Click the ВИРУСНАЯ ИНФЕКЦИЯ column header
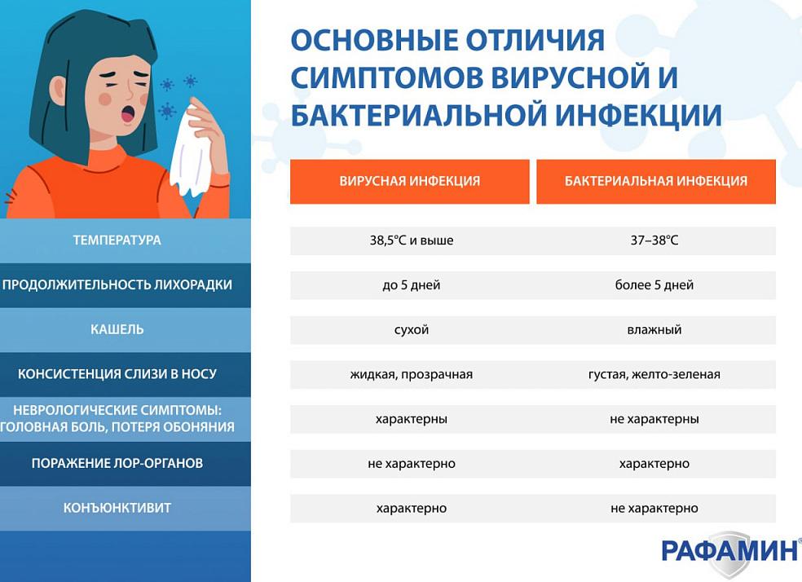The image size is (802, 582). point(409,181)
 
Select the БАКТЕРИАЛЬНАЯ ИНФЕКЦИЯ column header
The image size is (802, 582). point(655,181)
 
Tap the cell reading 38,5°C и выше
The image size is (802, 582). point(411,240)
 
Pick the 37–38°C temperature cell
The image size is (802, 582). point(654,240)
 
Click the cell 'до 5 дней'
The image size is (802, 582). point(411,285)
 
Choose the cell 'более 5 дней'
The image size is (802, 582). point(654,285)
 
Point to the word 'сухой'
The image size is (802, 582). point(411,330)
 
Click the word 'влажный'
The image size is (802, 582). point(654,330)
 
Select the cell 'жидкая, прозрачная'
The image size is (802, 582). point(411,375)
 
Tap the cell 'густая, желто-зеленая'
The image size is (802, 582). point(654,375)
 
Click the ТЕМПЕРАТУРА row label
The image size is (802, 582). point(117,240)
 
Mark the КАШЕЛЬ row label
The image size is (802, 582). point(117,329)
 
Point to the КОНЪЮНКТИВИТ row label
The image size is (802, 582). point(117,508)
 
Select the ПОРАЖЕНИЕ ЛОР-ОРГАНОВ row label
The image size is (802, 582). point(117,463)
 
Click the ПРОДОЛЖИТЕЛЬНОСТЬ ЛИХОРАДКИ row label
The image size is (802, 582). point(117,285)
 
